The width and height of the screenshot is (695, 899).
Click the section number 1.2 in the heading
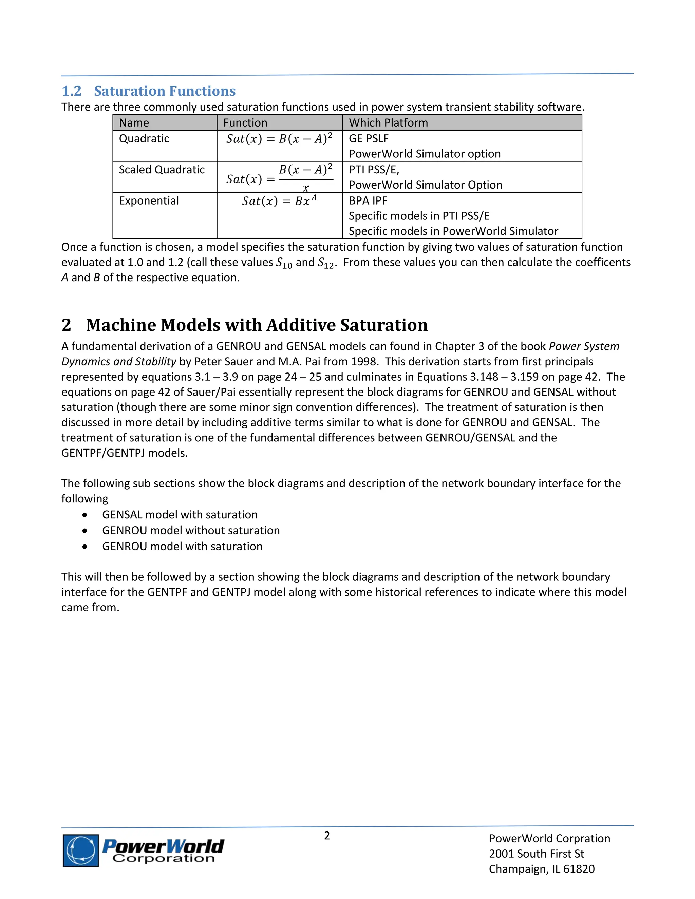pyautogui.click(x=71, y=91)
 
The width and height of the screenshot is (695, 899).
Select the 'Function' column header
pyautogui.click(x=245, y=123)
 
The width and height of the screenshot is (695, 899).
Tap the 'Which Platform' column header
pyautogui.click(x=388, y=123)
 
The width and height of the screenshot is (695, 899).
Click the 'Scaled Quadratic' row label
pyautogui.click(x=162, y=170)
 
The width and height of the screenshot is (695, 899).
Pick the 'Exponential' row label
pyautogui.click(x=149, y=201)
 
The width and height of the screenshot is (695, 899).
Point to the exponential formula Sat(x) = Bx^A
pyautogui.click(x=279, y=201)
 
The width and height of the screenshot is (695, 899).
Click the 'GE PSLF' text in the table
pyautogui.click(x=369, y=138)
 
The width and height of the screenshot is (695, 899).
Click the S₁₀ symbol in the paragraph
pyautogui.click(x=284, y=263)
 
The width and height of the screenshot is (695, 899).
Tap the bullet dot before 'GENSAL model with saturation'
pyautogui.click(x=85, y=515)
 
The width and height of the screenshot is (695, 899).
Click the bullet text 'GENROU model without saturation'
pyautogui.click(x=191, y=531)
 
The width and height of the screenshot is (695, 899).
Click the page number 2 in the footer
pyautogui.click(x=327, y=835)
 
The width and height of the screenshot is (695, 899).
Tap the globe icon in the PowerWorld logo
pyautogui.click(x=81, y=850)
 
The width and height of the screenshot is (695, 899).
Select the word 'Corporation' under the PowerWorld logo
pyautogui.click(x=164, y=858)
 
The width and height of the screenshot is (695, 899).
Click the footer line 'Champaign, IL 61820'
pyautogui.click(x=541, y=868)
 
